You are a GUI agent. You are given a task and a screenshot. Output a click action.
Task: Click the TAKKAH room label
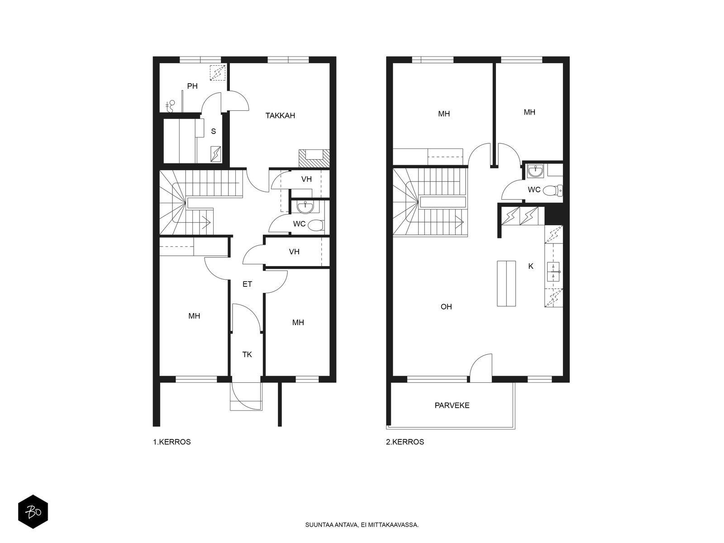point(280,116)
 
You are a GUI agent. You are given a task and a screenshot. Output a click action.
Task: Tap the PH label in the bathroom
point(192,86)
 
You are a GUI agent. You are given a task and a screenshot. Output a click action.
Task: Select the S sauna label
point(214,131)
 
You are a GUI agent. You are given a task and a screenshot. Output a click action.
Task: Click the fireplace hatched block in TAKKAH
point(314,158)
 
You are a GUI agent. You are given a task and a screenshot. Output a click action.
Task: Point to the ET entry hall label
point(247,284)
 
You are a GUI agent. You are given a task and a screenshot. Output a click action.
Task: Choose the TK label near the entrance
point(247,354)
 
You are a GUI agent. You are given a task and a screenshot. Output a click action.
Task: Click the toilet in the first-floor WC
point(316,225)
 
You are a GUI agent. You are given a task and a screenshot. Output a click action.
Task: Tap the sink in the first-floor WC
point(305,207)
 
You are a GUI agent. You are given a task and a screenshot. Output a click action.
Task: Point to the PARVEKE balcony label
point(452,405)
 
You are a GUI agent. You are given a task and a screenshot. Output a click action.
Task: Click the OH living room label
point(446,307)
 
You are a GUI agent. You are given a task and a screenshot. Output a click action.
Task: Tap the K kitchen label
point(531,266)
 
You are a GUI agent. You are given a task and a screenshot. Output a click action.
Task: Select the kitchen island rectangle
point(506,284)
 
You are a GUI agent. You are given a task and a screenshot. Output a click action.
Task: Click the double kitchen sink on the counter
point(553,271)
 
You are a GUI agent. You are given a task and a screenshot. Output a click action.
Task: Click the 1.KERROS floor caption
point(172,442)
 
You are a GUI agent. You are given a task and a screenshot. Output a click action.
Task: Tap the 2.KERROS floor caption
point(405,442)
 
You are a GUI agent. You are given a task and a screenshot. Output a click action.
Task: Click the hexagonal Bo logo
point(33,512)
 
